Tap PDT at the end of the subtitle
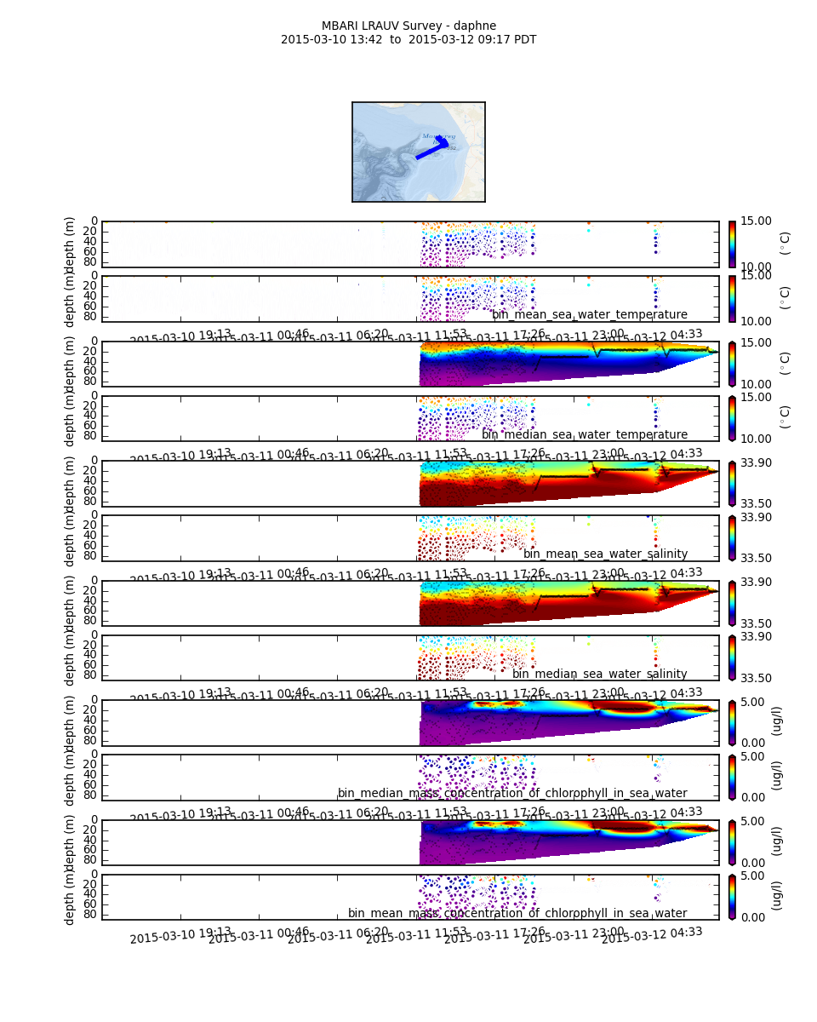(523, 39)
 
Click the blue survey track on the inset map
(431, 151)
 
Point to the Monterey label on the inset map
(438, 136)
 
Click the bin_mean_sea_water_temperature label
(589, 315)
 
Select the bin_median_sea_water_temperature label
(585, 434)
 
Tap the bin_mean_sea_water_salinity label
(605, 554)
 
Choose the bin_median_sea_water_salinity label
(599, 674)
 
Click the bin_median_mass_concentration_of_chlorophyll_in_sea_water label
(512, 793)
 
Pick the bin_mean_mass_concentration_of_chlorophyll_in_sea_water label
(517, 913)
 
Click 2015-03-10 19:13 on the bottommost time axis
(180, 936)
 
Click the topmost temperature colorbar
(732, 244)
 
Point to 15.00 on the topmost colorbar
(755, 221)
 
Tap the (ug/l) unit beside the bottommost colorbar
(776, 896)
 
